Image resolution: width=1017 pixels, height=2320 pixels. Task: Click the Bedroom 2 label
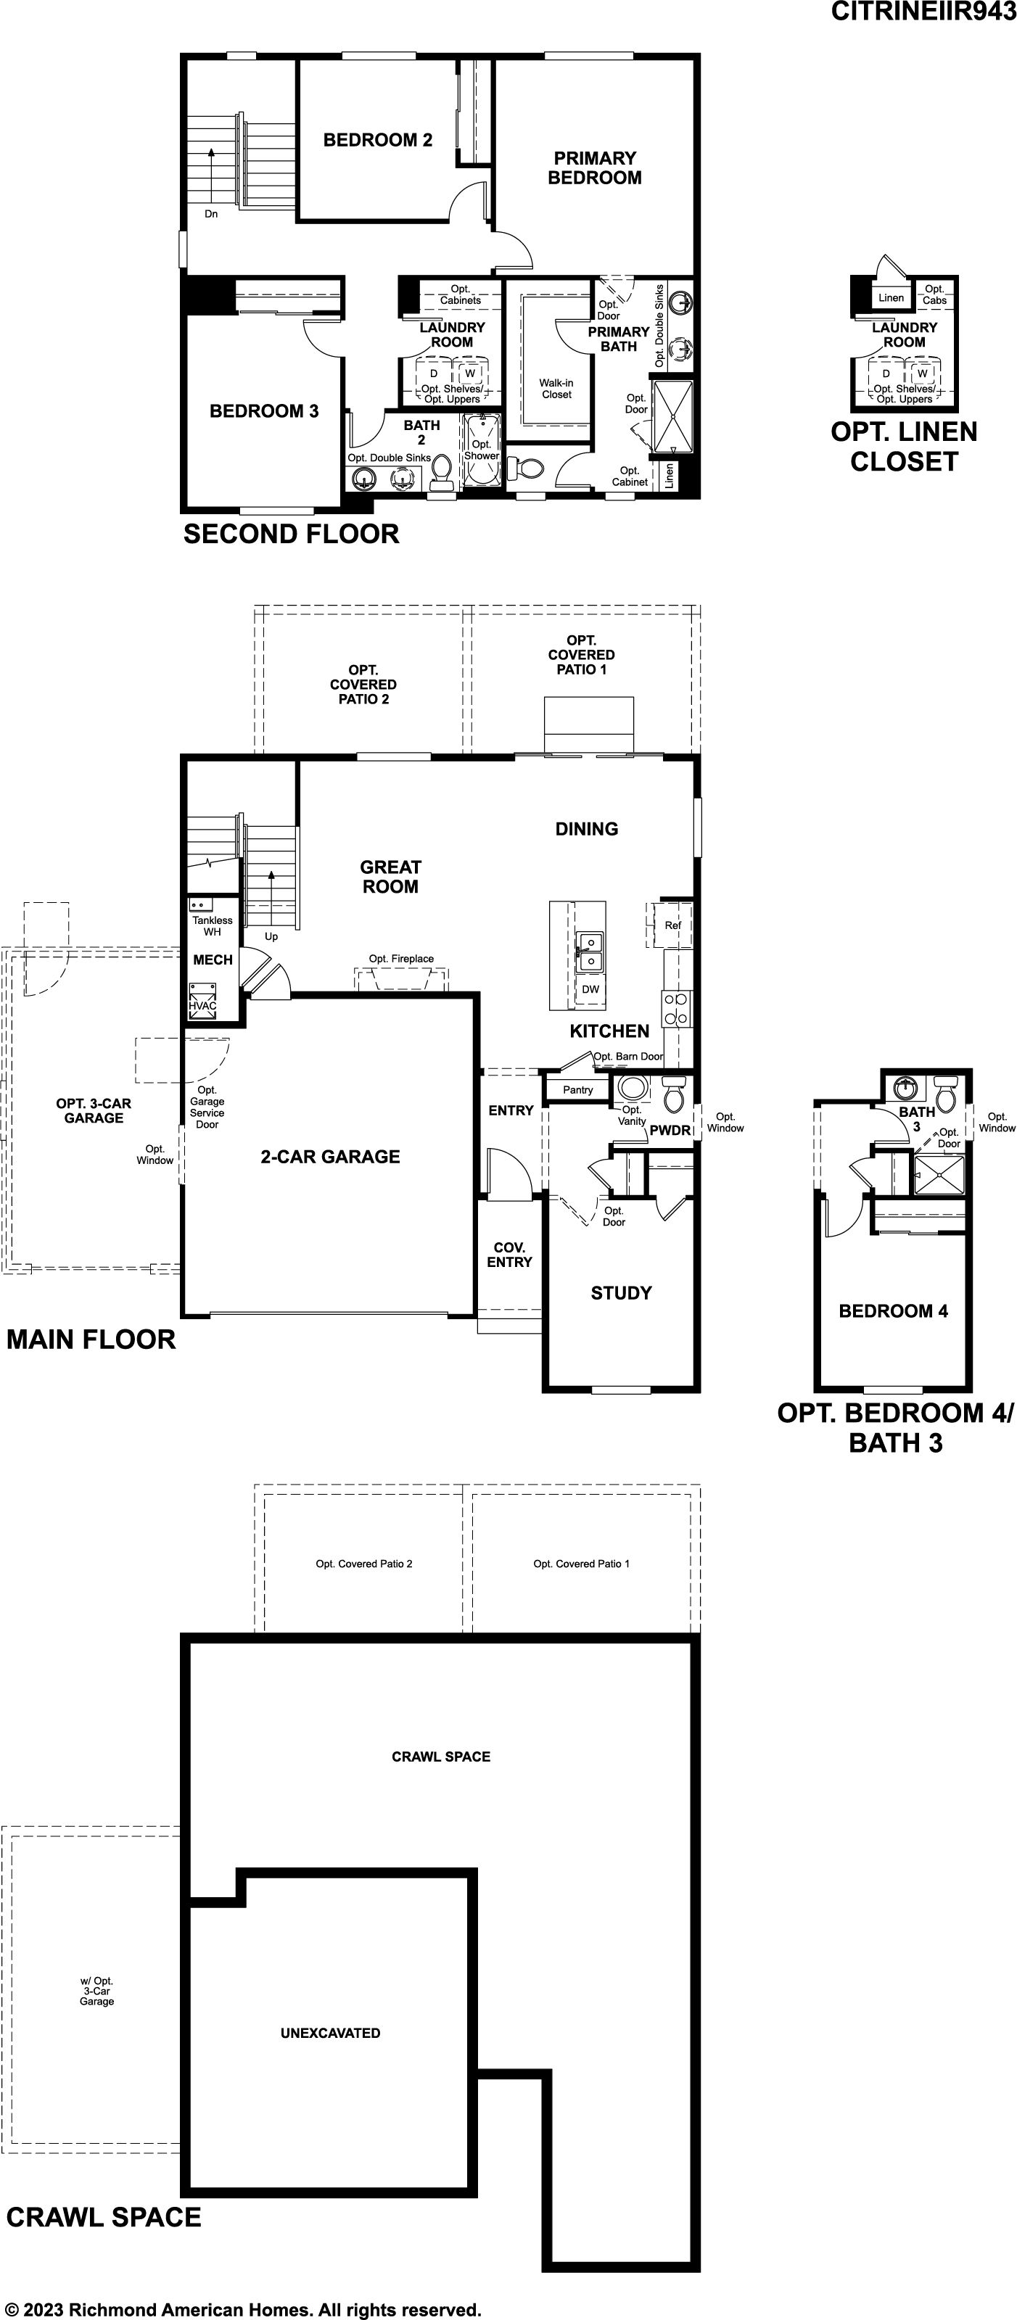(x=377, y=139)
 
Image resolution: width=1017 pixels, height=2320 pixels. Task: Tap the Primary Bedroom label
(x=595, y=168)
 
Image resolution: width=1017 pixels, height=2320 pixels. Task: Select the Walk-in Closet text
(x=556, y=388)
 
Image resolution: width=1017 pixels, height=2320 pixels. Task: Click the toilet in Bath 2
(x=441, y=473)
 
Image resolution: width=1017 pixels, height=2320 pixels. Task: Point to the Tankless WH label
(x=213, y=926)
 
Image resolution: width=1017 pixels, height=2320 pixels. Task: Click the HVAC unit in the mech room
(x=202, y=1006)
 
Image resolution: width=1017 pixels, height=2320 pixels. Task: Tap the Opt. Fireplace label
(x=401, y=958)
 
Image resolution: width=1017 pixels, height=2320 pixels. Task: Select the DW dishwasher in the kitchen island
(x=590, y=989)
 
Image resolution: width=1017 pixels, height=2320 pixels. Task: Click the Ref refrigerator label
(x=673, y=925)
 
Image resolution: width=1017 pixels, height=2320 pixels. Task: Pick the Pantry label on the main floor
(x=578, y=1090)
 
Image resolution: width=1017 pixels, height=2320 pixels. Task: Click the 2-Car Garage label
(x=331, y=1157)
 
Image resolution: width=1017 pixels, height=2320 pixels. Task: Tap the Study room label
(x=622, y=1293)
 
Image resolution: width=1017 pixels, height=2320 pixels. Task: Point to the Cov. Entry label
(x=510, y=1255)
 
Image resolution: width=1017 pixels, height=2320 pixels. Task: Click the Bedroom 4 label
(x=894, y=1311)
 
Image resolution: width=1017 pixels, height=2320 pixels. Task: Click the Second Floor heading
(x=291, y=534)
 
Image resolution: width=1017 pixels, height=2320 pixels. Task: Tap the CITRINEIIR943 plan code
(x=923, y=12)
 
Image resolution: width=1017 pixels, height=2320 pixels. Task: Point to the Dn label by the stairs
(x=211, y=213)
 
